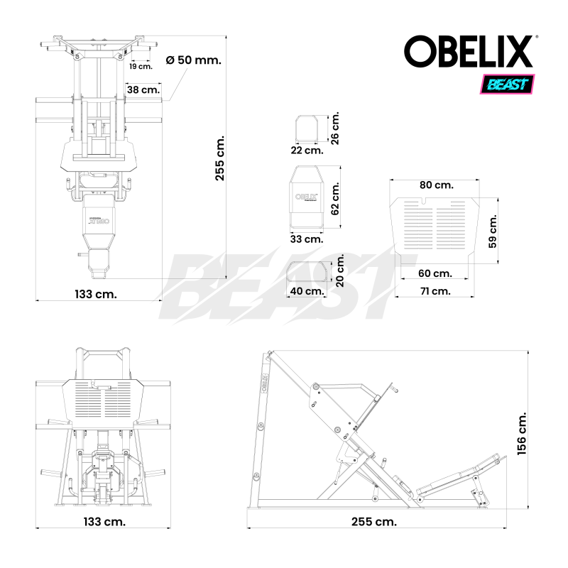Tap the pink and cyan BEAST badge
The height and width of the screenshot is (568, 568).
pos(508,84)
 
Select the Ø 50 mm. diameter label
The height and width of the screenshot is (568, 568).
pos(193,60)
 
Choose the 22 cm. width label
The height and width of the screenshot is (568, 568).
pos(307,150)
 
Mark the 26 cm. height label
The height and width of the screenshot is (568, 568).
pos(336,127)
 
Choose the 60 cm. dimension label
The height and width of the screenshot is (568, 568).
pos(435,273)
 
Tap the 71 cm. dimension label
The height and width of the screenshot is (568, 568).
pos(435,290)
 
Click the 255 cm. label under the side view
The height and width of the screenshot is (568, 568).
pos(373,521)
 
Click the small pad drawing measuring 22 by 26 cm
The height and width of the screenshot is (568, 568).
pos(307,129)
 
